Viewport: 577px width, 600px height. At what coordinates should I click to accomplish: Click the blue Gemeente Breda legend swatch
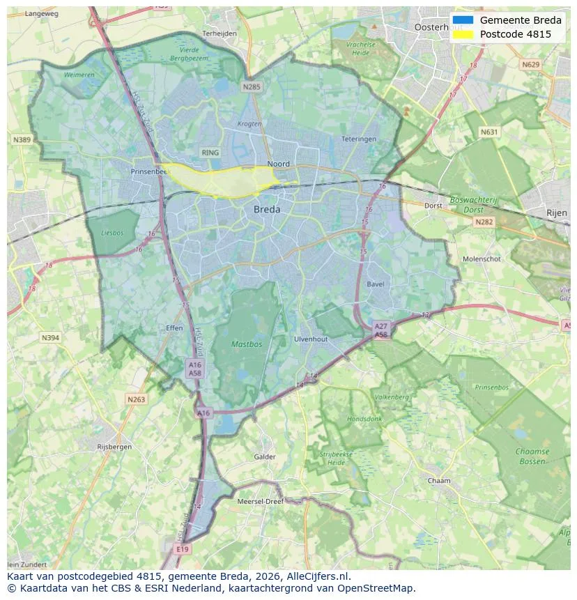point(462,20)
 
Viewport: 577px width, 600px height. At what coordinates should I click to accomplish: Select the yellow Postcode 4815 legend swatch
point(462,34)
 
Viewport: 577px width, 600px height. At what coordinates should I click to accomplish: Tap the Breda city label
point(267,209)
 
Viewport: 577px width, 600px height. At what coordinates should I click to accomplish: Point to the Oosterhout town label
point(438,27)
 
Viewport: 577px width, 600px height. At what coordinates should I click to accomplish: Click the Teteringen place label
point(359,139)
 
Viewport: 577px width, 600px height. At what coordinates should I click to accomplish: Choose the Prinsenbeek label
point(149,171)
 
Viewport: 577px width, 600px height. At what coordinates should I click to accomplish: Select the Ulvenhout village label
point(311,339)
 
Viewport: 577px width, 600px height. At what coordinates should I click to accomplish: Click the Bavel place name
point(375,284)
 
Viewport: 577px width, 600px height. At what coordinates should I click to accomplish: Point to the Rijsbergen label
point(114,447)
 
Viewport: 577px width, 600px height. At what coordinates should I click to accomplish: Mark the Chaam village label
point(439,481)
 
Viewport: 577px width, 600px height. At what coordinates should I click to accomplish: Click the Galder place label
point(265,457)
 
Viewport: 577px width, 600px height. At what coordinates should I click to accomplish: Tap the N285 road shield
point(252,87)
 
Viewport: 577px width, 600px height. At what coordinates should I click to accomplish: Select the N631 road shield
point(491,132)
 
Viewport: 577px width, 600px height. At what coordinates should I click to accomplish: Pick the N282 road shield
point(483,222)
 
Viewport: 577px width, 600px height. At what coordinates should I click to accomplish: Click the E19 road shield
point(183,550)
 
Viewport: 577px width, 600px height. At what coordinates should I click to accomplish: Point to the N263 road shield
point(137,399)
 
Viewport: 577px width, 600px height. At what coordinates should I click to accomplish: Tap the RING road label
point(210,153)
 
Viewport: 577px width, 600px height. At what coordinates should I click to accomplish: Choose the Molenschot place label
point(482,259)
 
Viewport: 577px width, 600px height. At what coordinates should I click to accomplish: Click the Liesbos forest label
point(111,233)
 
